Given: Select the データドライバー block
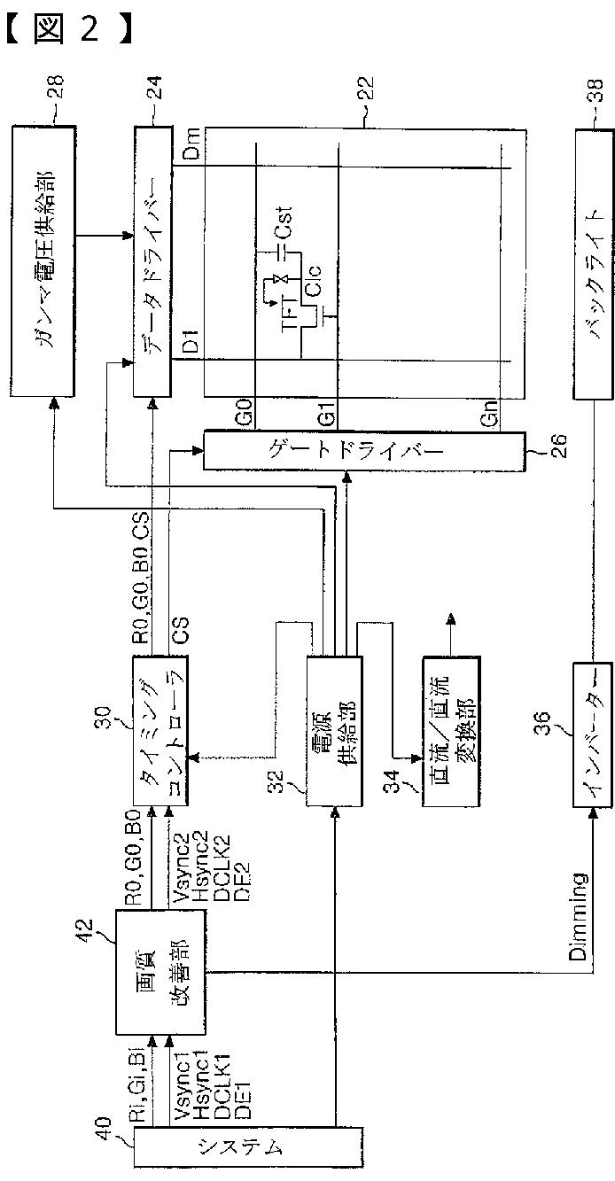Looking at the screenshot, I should (x=152, y=260).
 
